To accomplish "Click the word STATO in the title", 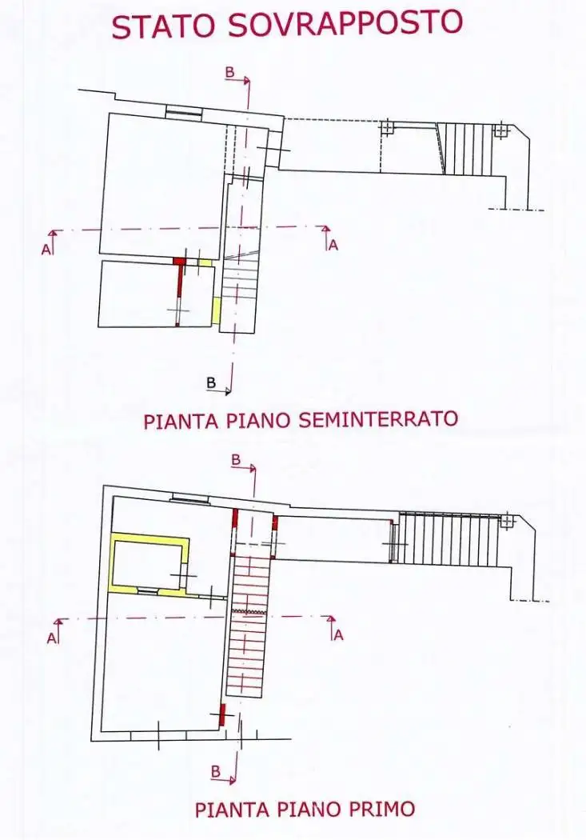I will pyautogui.click(x=165, y=26).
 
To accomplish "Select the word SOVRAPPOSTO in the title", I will pyautogui.click(x=345, y=22).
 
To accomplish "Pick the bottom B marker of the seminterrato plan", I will pyautogui.click(x=211, y=383).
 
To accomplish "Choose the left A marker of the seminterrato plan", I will pyautogui.click(x=46, y=250).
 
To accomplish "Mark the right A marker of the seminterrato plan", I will pyautogui.click(x=333, y=245).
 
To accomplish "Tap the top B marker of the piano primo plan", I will pyautogui.click(x=236, y=460).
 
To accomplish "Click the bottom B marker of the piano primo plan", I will pyautogui.click(x=216, y=771).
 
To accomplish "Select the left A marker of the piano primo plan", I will pyautogui.click(x=51, y=638).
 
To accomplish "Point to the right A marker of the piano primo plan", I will pyautogui.click(x=338, y=635).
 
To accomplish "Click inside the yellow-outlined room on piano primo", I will pyautogui.click(x=149, y=565).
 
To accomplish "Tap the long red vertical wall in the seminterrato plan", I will pyautogui.click(x=180, y=293).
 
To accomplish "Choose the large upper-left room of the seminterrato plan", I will pyautogui.click(x=160, y=184).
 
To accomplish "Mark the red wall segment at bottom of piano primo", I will pyautogui.click(x=221, y=714).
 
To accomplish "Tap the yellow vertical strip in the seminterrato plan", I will pyautogui.click(x=216, y=310).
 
